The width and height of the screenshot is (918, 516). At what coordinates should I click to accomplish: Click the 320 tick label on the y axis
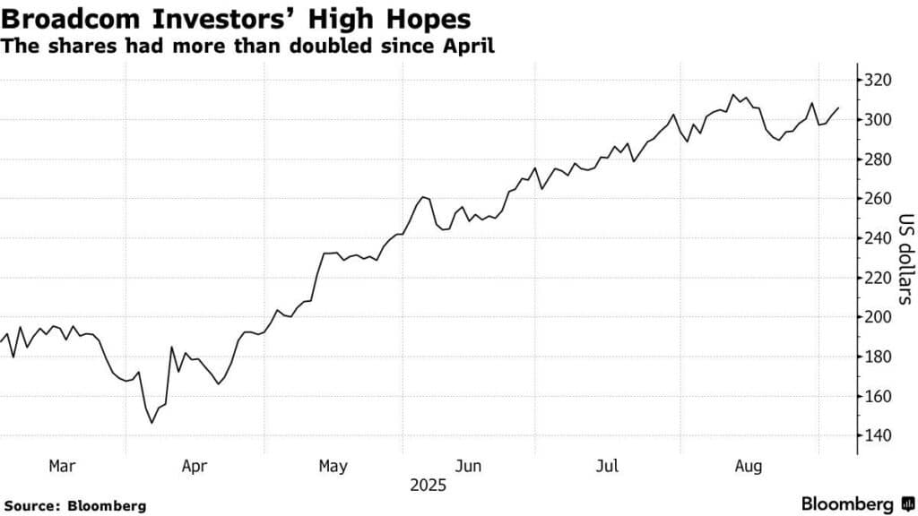coord(879,81)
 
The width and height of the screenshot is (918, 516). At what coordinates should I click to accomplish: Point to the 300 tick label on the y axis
coord(879,120)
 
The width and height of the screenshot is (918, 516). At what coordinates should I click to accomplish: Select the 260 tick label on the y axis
coord(879,199)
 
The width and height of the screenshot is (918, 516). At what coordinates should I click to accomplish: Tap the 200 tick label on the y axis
coord(879,317)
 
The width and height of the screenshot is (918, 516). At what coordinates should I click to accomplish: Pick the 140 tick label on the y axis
coord(879,436)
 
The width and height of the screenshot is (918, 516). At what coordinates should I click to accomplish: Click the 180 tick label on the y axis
coord(879,357)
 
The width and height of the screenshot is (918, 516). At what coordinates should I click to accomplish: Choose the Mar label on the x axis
coord(62,466)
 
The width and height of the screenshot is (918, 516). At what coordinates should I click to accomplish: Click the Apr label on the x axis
coord(195,466)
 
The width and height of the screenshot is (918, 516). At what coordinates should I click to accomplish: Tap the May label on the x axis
coord(332,466)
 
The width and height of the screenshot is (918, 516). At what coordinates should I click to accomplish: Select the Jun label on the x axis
coord(469,466)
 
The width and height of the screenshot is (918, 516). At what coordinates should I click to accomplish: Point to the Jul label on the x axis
coord(609,466)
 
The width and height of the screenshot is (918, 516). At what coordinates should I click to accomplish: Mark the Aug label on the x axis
coord(748,466)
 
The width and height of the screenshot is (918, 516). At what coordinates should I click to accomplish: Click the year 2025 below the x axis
coord(428,486)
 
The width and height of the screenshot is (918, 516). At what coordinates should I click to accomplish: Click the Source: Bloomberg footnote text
coord(74,506)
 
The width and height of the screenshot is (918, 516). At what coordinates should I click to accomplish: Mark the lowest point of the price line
coord(152,423)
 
